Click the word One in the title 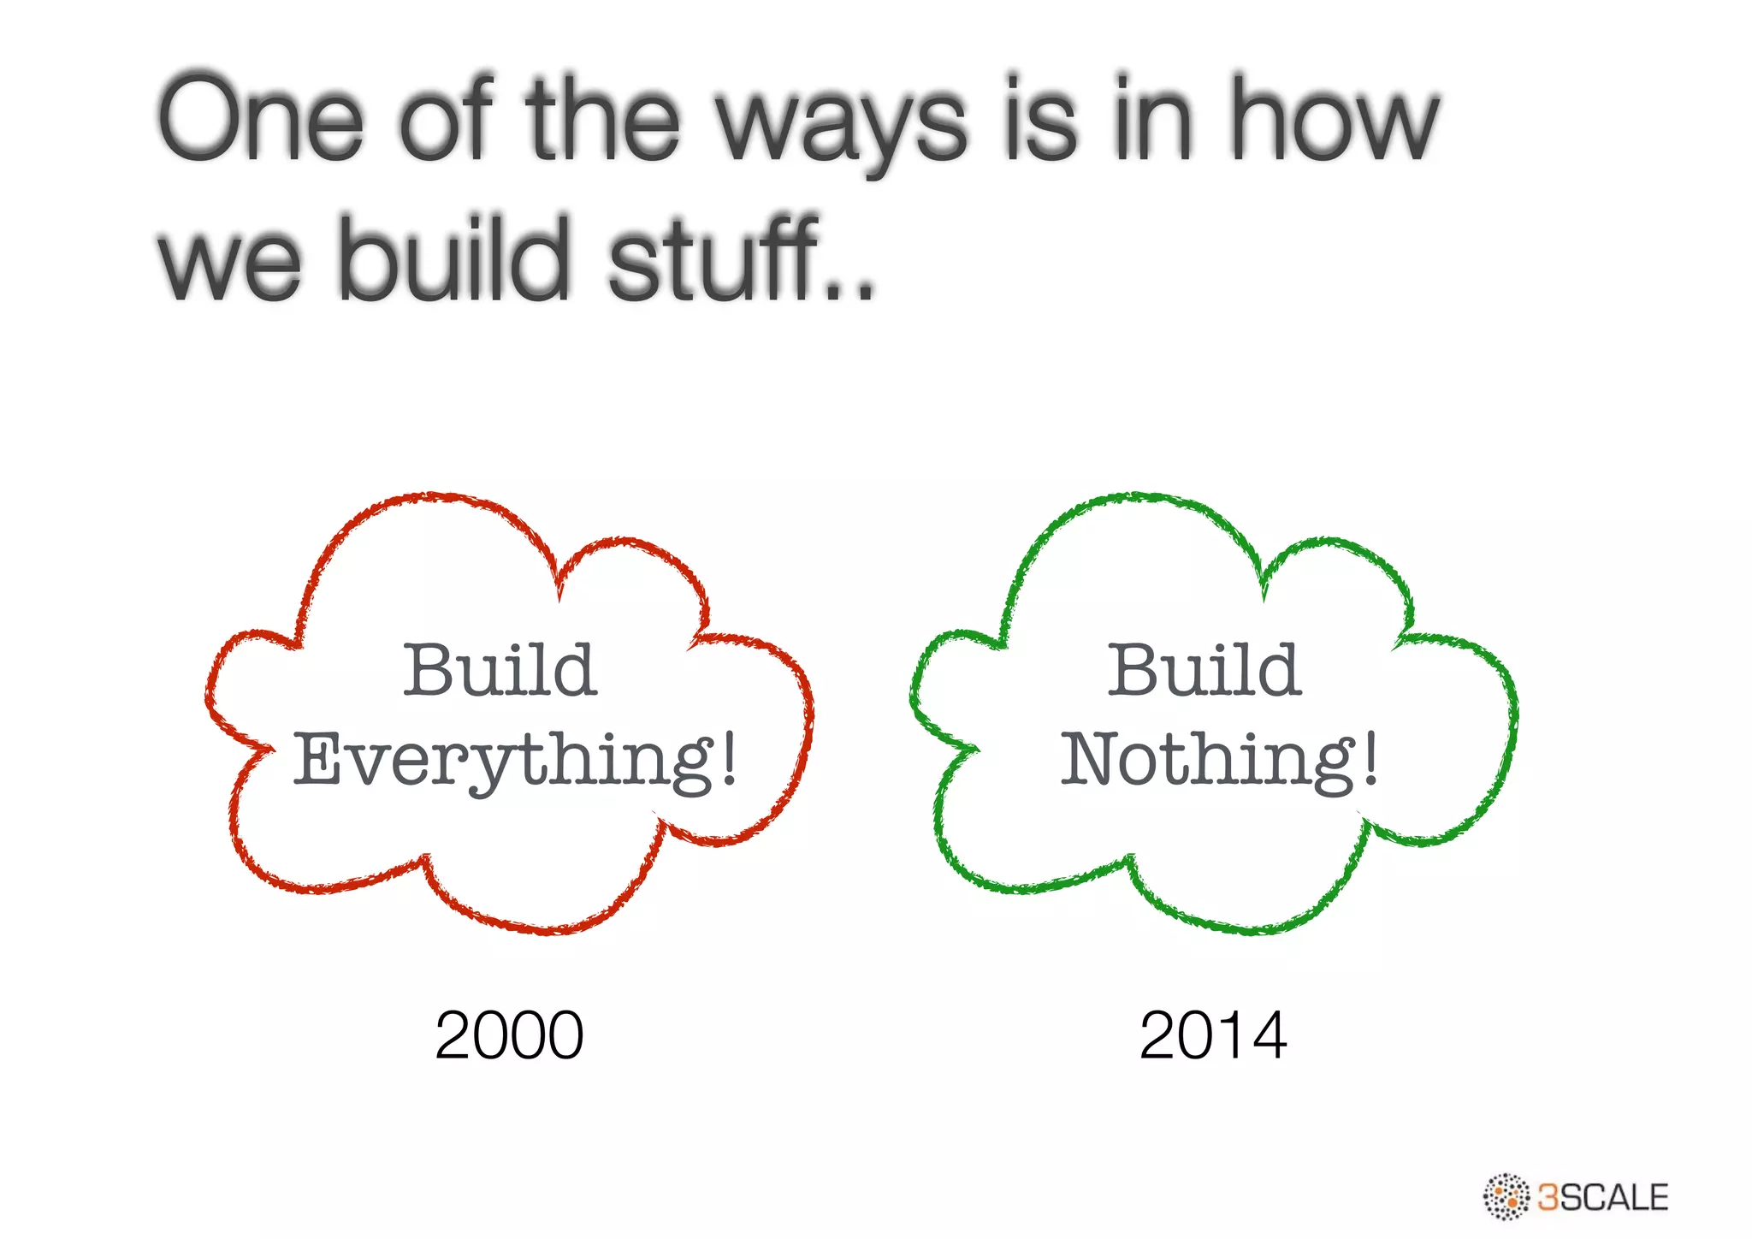261,120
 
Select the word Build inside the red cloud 500,670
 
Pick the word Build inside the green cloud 1204,670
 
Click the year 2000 509,1035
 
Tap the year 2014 1213,1035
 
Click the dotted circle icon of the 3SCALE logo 1506,1196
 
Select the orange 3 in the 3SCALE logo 1548,1197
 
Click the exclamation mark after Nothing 1370,758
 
